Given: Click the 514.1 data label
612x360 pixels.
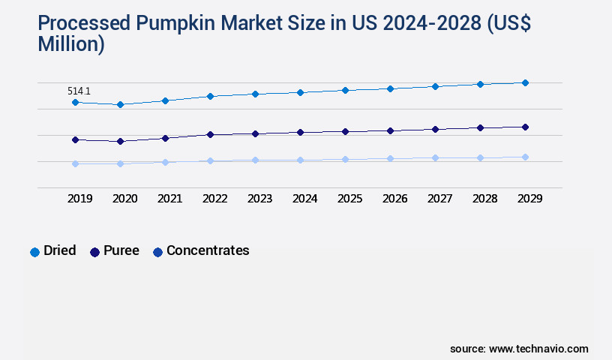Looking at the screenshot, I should pyautogui.click(x=79, y=91).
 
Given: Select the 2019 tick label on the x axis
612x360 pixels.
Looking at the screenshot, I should pyautogui.click(x=80, y=199).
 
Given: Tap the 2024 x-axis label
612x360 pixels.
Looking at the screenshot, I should pyautogui.click(x=305, y=199).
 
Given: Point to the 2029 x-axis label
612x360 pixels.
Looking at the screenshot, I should pyautogui.click(x=530, y=199).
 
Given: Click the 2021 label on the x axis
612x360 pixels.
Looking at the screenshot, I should pyautogui.click(x=170, y=199).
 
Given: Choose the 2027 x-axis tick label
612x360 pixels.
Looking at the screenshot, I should pyautogui.click(x=440, y=199).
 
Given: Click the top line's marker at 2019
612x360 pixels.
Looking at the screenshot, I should pyautogui.click(x=75, y=102).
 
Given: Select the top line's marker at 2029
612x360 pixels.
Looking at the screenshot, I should pyautogui.click(x=525, y=82).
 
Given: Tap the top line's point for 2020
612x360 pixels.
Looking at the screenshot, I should pyautogui.click(x=120, y=104).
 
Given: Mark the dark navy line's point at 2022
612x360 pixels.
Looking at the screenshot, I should pyautogui.click(x=210, y=134).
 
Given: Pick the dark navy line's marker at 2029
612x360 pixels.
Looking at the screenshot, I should pyautogui.click(x=525, y=127).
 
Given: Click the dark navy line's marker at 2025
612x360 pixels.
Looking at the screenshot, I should pyautogui.click(x=345, y=131).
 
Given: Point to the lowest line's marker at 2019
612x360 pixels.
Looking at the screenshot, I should pyautogui.click(x=75, y=163).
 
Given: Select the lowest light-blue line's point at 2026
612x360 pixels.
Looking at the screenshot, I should pyautogui.click(x=390, y=158).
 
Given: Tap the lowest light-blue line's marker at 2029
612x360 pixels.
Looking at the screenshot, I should pyautogui.click(x=525, y=157).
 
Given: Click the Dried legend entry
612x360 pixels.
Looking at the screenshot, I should pyautogui.click(x=52, y=251).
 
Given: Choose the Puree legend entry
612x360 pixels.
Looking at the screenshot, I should pyautogui.click(x=114, y=251).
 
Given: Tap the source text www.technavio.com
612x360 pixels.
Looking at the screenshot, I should pyautogui.click(x=538, y=349).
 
